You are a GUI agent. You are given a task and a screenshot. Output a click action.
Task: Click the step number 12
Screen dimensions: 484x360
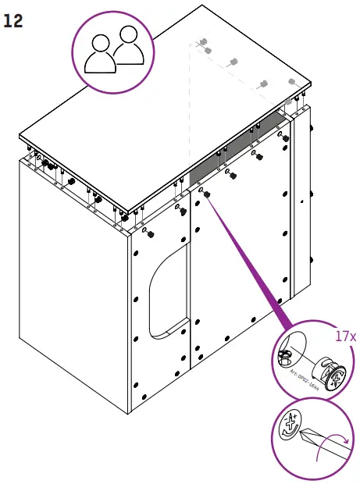13,21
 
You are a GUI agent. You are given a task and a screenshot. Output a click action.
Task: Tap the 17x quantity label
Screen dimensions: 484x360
345,336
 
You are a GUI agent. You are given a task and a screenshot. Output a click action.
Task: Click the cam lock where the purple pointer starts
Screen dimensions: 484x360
205,194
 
